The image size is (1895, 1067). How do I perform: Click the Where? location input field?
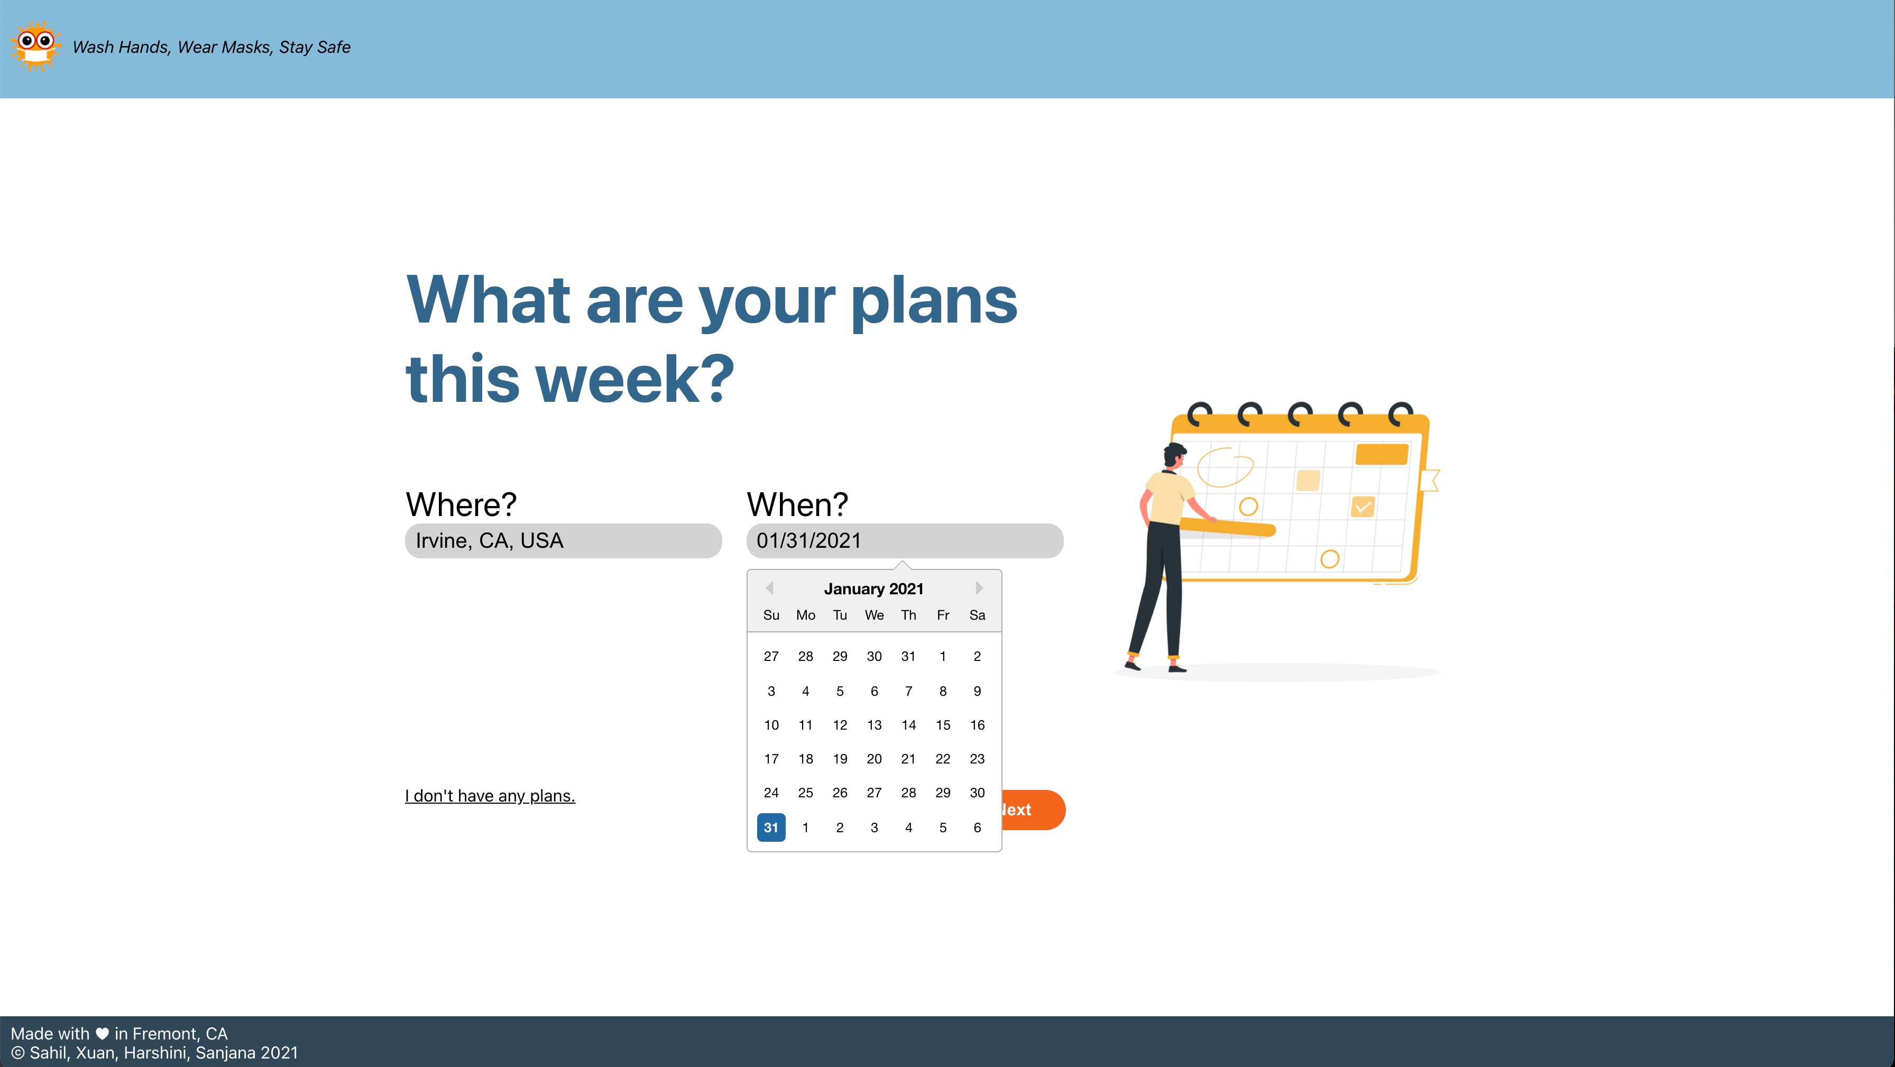[x=564, y=541]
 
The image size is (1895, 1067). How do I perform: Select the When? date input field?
[x=905, y=541]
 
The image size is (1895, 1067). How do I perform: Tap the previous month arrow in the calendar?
[x=769, y=588]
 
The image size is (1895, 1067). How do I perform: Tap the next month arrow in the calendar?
[x=979, y=588]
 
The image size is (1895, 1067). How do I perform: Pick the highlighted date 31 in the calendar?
[x=771, y=827]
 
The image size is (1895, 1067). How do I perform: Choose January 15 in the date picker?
[x=943, y=725]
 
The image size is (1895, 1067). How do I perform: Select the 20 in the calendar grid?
[x=874, y=759]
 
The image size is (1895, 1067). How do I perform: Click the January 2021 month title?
[x=874, y=588]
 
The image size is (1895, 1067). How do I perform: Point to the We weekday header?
[x=874, y=615]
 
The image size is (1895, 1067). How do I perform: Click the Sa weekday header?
[x=977, y=615]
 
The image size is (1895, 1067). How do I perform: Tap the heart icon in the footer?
[x=102, y=1033]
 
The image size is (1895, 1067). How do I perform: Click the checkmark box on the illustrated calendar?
[x=1363, y=507]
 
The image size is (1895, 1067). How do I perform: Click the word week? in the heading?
[x=636, y=379]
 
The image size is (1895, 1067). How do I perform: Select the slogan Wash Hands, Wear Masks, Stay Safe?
[x=212, y=47]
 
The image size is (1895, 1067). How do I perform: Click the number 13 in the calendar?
[x=874, y=725]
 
